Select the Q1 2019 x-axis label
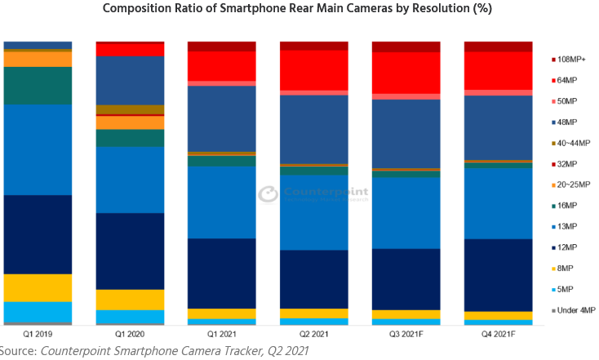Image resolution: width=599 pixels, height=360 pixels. [38, 334]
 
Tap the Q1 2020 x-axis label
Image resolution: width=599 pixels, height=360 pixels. [130, 334]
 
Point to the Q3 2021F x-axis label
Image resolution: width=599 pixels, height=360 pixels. [406, 334]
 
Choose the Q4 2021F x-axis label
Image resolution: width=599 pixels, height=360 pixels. [499, 334]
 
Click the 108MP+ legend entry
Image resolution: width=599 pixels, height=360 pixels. [575, 60]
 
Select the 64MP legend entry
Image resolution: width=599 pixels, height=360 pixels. [570, 80]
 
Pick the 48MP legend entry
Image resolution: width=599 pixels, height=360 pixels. [570, 122]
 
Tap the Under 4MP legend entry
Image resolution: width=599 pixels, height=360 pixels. [575, 310]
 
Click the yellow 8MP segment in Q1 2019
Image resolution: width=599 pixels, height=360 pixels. [38, 287]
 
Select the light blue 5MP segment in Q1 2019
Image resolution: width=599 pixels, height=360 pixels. [38, 312]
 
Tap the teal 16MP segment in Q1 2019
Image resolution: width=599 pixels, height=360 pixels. [38, 85]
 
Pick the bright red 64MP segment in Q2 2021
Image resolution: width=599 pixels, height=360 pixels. [314, 69]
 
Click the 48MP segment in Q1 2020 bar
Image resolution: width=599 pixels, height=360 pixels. [130, 80]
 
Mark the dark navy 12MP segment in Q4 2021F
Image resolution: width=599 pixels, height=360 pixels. [499, 274]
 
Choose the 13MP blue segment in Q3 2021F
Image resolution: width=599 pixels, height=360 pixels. [406, 212]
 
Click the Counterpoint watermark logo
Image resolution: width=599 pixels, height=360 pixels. [313, 194]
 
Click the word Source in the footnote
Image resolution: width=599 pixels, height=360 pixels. [18, 351]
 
